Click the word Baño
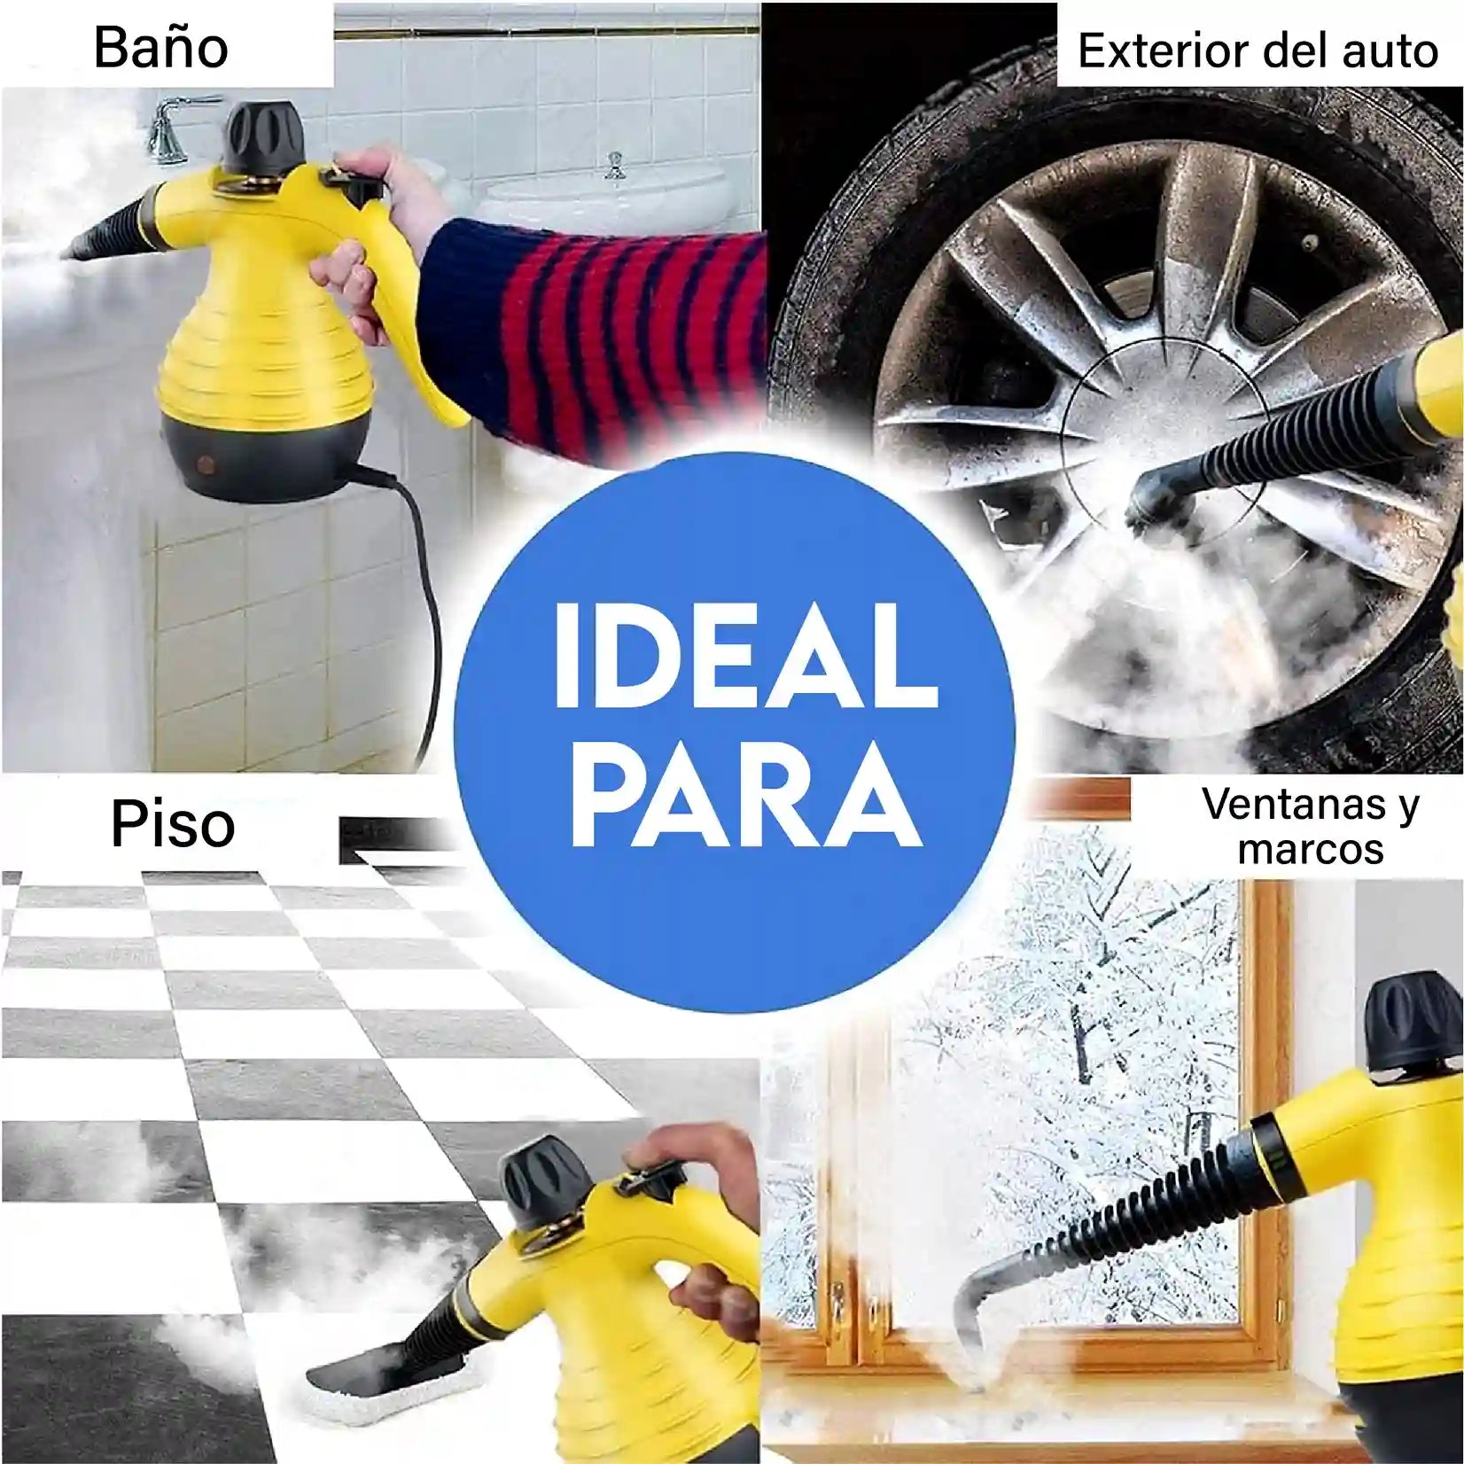[x=160, y=47]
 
